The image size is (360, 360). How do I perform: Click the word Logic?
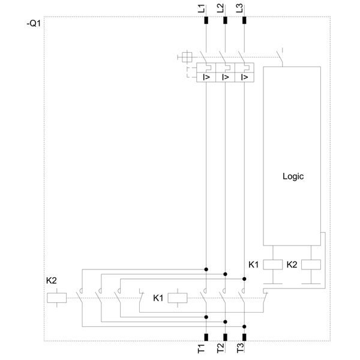pyautogui.click(x=293, y=176)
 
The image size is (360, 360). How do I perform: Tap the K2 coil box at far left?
pyautogui.click(x=56, y=297)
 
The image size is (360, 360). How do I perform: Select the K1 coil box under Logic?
pyautogui.click(x=274, y=264)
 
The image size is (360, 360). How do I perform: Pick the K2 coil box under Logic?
pyautogui.click(x=311, y=264)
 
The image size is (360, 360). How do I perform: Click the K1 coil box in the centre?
pyautogui.click(x=178, y=297)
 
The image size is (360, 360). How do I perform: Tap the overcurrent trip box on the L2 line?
pyautogui.click(x=225, y=77)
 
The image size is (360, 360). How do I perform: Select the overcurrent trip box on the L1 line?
pyautogui.click(x=206, y=77)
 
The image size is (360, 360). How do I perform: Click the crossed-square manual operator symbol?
pyautogui.click(x=187, y=57)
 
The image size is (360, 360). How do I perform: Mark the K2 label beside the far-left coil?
pyautogui.click(x=52, y=281)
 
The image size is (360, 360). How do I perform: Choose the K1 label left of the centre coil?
pyautogui.click(x=158, y=298)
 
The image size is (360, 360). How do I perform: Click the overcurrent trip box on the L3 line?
pyautogui.click(x=244, y=77)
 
